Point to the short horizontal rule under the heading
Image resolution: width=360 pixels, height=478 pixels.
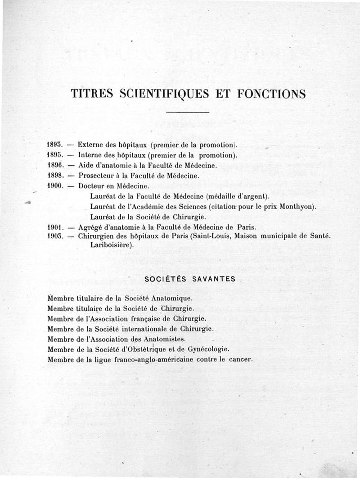188,112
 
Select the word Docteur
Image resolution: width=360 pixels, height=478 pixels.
92,186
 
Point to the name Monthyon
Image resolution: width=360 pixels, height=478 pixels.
299,206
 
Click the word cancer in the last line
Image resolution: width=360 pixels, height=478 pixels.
242,359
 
